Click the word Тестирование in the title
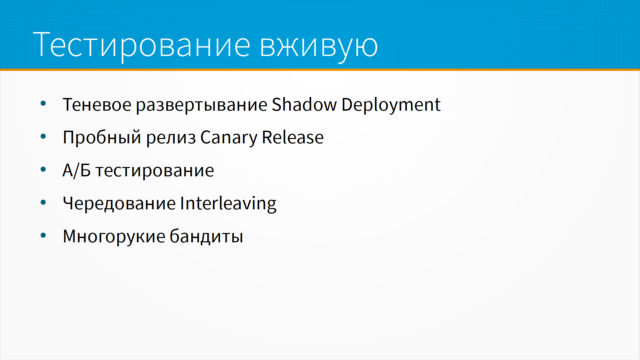[142, 45]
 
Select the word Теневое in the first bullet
[97, 105]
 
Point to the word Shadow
[304, 104]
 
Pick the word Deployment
[391, 105]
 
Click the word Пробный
[102, 137]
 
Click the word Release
[293, 137]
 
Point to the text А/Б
[77, 170]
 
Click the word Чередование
[119, 204]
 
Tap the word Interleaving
[228, 204]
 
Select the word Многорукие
[114, 237]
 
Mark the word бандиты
[206, 236]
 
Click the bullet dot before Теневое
[43, 103]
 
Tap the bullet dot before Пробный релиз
[43, 136]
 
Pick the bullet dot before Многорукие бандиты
[43, 236]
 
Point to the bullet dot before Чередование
[43, 202]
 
